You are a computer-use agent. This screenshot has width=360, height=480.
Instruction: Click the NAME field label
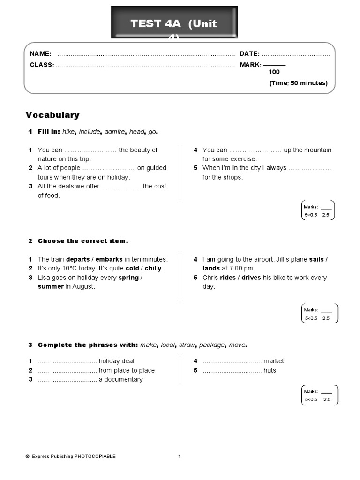click(x=40, y=54)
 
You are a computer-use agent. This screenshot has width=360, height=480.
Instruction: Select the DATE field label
click(x=249, y=54)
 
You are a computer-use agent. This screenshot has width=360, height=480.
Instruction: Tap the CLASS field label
click(x=42, y=65)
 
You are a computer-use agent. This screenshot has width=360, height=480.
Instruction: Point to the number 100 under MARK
click(x=274, y=72)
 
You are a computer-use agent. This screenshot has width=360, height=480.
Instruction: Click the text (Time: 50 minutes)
click(x=298, y=83)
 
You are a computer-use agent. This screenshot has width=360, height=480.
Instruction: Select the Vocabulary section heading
click(x=52, y=115)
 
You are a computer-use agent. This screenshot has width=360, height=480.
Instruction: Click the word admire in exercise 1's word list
click(x=115, y=132)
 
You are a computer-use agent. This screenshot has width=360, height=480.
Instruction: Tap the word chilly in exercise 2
click(x=152, y=268)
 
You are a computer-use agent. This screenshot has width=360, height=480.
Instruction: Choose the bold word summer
click(x=51, y=286)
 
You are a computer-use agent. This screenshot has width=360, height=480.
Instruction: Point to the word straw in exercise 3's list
click(x=187, y=345)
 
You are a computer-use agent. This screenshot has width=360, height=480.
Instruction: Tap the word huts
click(x=270, y=370)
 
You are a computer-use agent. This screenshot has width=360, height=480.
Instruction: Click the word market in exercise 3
click(x=273, y=361)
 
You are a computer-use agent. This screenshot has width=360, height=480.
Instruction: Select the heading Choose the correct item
click(x=82, y=241)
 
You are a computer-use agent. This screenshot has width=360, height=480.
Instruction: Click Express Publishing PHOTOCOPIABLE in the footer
click(x=74, y=456)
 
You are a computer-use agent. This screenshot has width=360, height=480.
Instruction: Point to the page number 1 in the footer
click(x=180, y=456)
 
